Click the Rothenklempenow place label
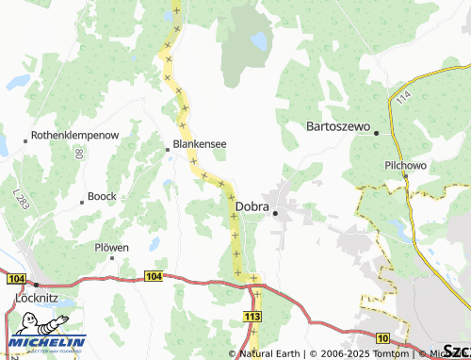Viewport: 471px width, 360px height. [x=75, y=136]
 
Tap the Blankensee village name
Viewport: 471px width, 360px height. [x=199, y=145]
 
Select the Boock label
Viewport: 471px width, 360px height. [x=101, y=197]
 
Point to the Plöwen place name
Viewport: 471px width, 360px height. [x=111, y=247]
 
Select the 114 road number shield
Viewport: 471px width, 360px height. [x=404, y=97]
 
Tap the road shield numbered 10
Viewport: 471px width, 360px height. [x=382, y=336]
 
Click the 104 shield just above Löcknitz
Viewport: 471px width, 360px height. [x=15, y=279]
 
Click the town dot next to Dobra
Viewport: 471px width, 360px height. [x=275, y=213]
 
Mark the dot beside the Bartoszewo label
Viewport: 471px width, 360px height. [x=376, y=133]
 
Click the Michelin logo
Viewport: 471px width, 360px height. [x=46, y=343]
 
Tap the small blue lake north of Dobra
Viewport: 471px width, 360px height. [x=257, y=41]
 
